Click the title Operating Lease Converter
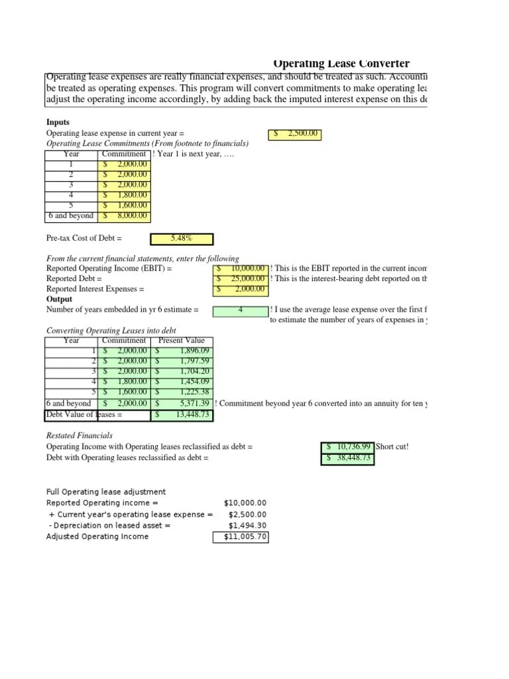click(x=341, y=64)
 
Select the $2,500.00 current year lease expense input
click(x=294, y=134)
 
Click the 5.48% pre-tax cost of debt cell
click(x=182, y=238)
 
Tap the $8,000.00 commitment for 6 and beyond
click(x=125, y=216)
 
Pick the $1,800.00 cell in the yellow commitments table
click(x=125, y=196)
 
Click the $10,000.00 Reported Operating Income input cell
click(x=241, y=269)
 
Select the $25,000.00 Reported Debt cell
click(x=241, y=279)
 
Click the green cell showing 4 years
click(x=240, y=310)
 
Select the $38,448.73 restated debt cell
click(x=347, y=458)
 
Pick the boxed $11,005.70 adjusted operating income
click(x=241, y=537)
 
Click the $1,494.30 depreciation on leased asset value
click(x=247, y=525)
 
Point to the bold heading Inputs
click(x=58, y=123)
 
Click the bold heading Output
click(x=59, y=299)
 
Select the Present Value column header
click(x=182, y=341)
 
